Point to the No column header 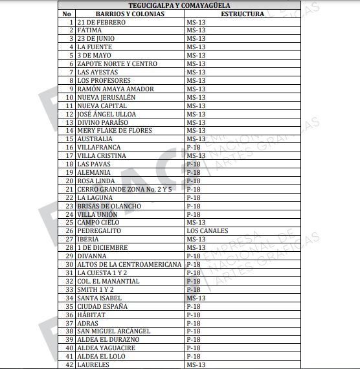[67, 14]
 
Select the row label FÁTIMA [90, 30]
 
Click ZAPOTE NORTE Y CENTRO [117, 64]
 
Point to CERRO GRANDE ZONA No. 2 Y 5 [124, 189]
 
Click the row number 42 [69, 364]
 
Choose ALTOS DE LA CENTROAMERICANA [129, 264]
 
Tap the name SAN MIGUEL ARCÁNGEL [113, 331]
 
